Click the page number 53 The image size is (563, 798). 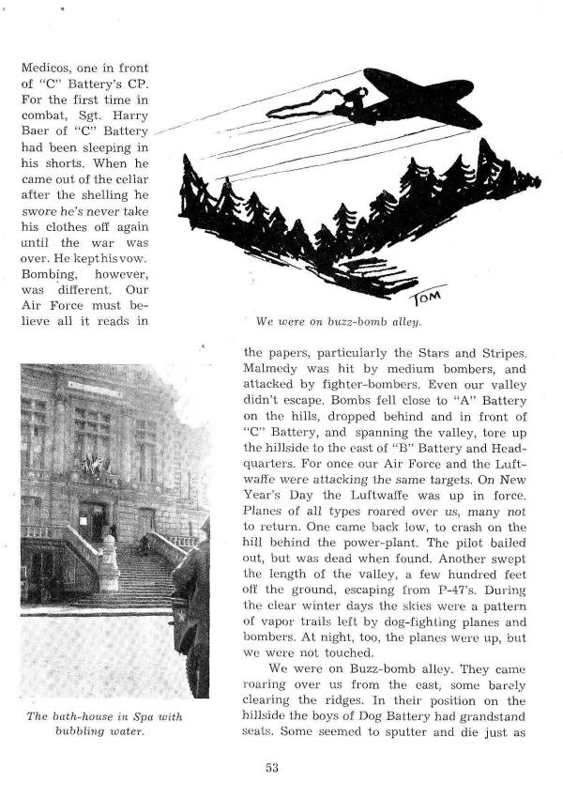[x=273, y=767]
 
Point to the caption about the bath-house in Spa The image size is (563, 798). [x=103, y=728]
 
